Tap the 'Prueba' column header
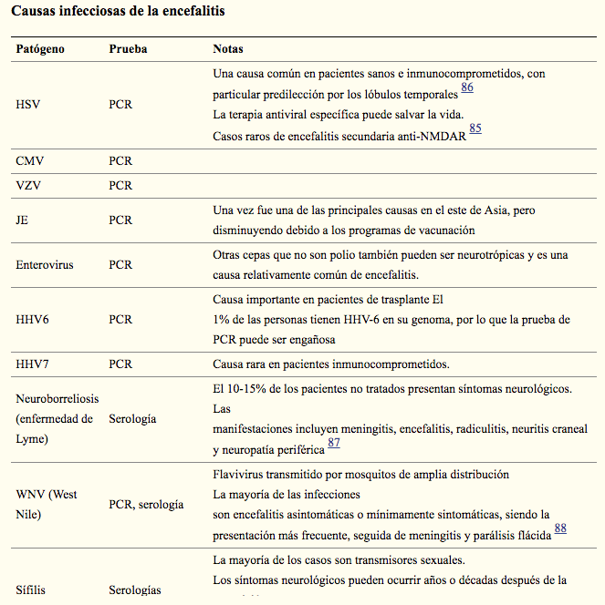tap(128, 48)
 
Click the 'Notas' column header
tap(228, 48)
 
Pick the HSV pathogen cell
tap(28, 105)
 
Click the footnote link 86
tap(467, 87)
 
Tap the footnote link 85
tap(475, 129)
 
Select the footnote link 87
tap(334, 443)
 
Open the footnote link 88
tap(560, 528)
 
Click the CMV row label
tap(30, 161)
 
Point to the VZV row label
tap(29, 185)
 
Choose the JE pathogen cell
tap(24, 220)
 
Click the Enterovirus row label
tap(45, 265)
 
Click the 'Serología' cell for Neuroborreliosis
tap(132, 419)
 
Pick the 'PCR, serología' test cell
tap(146, 504)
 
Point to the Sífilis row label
tap(31, 590)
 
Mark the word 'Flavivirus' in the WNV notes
tap(239, 475)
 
